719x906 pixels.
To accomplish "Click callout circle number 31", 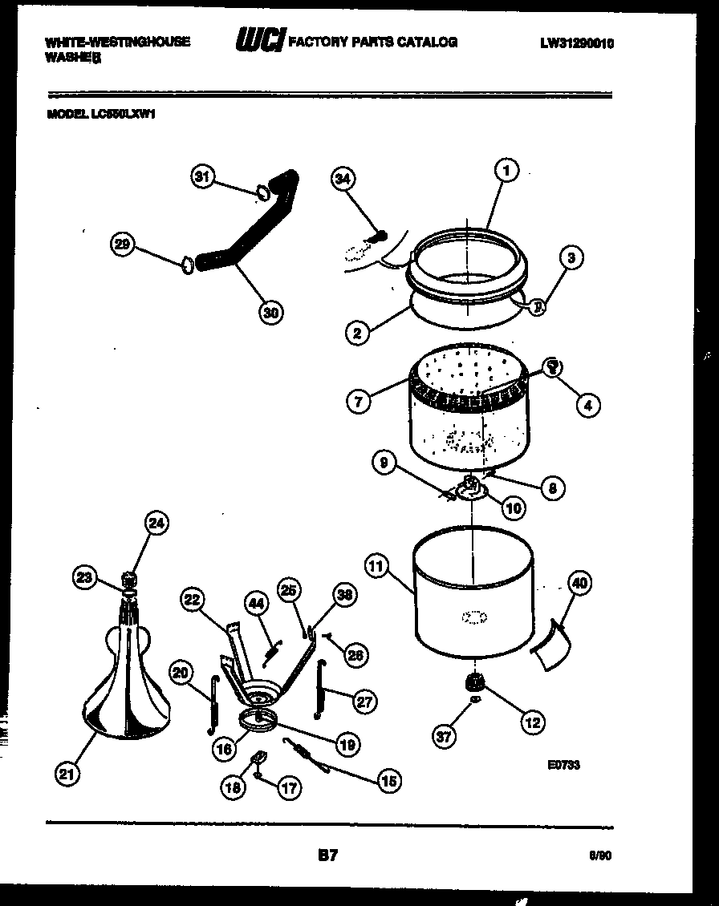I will pos(203,176).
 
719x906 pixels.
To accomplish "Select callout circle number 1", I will pos(506,170).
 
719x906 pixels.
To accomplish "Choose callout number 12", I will pos(532,722).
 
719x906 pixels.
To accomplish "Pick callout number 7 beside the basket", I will pos(359,401).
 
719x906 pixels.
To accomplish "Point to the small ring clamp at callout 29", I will pos(186,263).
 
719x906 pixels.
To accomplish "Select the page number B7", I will pos(328,856).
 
